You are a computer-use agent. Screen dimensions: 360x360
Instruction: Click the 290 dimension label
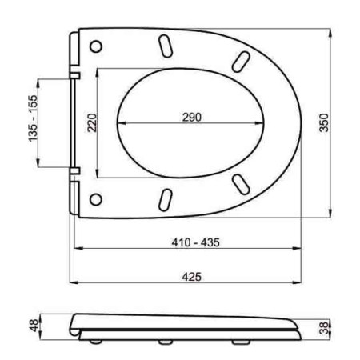190,117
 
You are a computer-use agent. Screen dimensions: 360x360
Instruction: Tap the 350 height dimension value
322,123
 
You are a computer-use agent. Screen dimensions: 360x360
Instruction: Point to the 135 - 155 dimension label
33,123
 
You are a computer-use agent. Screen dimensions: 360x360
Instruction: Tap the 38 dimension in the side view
322,327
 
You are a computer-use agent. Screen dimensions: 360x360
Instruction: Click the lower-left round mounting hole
98,198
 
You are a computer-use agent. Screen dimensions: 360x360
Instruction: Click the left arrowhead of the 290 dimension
120,124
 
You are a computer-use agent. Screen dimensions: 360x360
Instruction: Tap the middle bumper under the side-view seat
166,342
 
